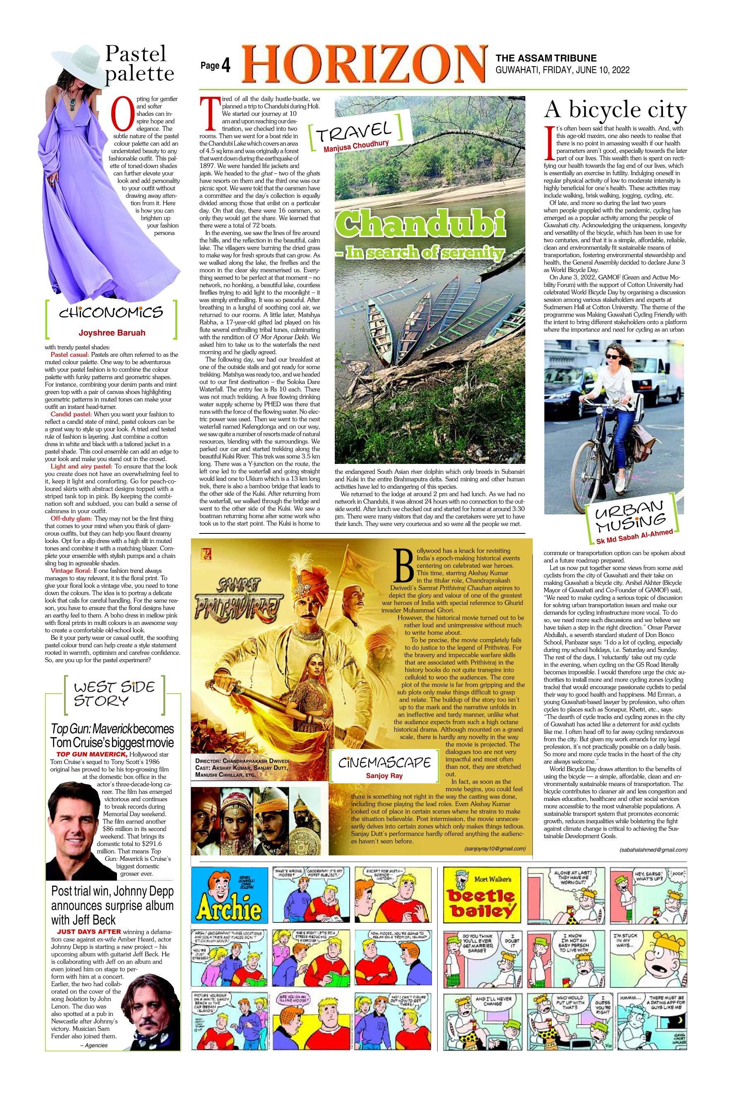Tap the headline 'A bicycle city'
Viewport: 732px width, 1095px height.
(x=615, y=111)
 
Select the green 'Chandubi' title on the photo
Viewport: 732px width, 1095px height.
(x=422, y=224)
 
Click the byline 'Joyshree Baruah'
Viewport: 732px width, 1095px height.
(x=112, y=333)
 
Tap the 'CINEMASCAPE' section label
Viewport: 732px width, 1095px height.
(x=384, y=762)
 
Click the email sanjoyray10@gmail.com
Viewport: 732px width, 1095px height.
(x=495, y=848)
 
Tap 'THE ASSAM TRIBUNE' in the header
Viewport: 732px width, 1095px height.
(x=546, y=58)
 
